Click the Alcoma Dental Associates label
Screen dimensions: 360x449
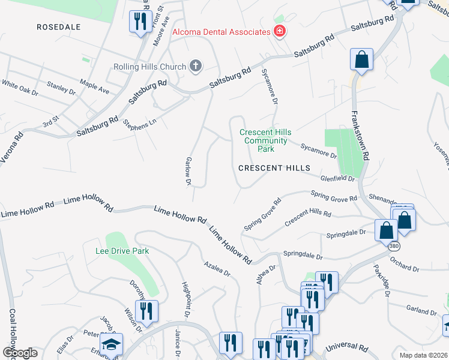(x=220, y=32)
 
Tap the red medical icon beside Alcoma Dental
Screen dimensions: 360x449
(x=279, y=31)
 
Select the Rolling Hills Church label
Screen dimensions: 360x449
(x=150, y=67)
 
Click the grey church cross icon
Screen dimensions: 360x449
(x=194, y=66)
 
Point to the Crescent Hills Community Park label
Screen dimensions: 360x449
(x=265, y=140)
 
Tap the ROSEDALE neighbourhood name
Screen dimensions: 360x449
(x=58, y=27)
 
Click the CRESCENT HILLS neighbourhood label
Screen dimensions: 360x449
(x=274, y=169)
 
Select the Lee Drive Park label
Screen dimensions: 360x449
(x=122, y=251)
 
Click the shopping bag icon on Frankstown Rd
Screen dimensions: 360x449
(x=361, y=60)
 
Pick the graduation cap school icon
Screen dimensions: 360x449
(x=111, y=344)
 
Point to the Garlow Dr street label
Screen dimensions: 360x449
(x=188, y=171)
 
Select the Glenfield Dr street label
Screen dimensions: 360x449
(x=338, y=178)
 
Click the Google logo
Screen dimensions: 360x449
(x=19, y=353)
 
